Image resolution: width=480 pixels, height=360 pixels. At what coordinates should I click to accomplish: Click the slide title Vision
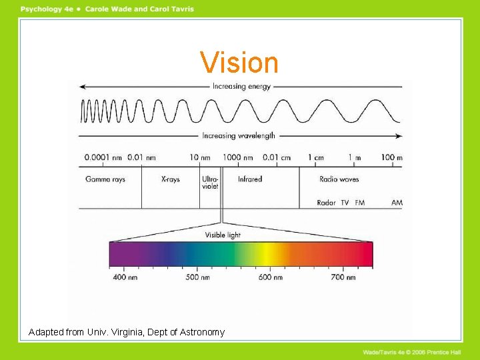tap(239, 63)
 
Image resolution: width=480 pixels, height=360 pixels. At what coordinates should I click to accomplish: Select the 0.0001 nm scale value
tap(104, 158)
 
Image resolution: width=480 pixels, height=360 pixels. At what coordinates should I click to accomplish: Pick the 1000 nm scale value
tap(237, 158)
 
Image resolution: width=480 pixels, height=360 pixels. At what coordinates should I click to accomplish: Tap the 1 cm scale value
tap(315, 158)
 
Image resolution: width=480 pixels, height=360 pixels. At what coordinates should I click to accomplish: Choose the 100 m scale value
tap(391, 158)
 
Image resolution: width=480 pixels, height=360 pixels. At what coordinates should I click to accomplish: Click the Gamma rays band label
tap(105, 179)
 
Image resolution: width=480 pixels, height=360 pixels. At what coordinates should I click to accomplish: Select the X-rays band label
tap(171, 179)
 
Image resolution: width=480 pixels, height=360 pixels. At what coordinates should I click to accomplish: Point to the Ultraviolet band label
tap(209, 183)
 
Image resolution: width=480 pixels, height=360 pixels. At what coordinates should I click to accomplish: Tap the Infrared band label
tap(250, 179)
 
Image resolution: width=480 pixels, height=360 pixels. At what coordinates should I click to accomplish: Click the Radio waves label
tap(339, 179)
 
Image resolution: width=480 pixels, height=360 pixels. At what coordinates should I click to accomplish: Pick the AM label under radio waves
tap(397, 203)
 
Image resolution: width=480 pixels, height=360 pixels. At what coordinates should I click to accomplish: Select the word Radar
tap(326, 203)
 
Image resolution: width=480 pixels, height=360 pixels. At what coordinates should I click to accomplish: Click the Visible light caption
tap(223, 235)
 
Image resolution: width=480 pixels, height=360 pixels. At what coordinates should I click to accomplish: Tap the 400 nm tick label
tap(125, 277)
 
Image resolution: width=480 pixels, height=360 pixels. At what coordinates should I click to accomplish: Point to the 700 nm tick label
tap(343, 277)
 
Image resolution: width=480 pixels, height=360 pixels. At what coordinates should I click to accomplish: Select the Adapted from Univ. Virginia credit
tap(127, 332)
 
